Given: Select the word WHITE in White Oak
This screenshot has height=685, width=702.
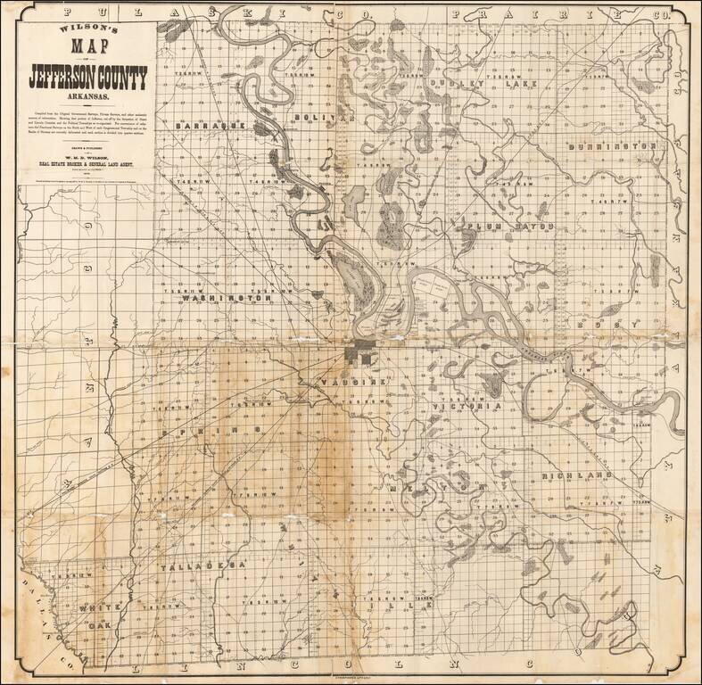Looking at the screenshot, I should pyautogui.click(x=95, y=607).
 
